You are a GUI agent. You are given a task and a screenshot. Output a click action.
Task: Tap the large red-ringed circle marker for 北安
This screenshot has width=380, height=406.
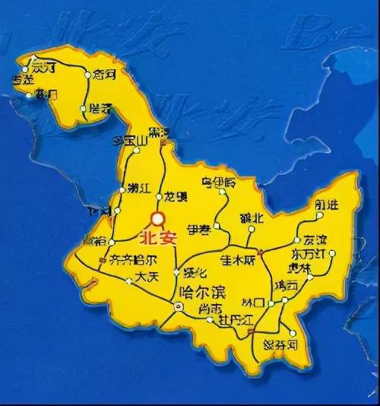158,219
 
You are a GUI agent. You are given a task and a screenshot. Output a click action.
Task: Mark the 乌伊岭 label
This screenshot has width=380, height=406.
219,182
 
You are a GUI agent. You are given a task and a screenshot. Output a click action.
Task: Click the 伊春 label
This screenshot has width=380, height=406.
198,227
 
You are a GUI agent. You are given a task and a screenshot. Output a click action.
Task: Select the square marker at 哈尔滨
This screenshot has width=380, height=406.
179,306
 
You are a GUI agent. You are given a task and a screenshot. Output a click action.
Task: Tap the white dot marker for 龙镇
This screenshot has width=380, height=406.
159,197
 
